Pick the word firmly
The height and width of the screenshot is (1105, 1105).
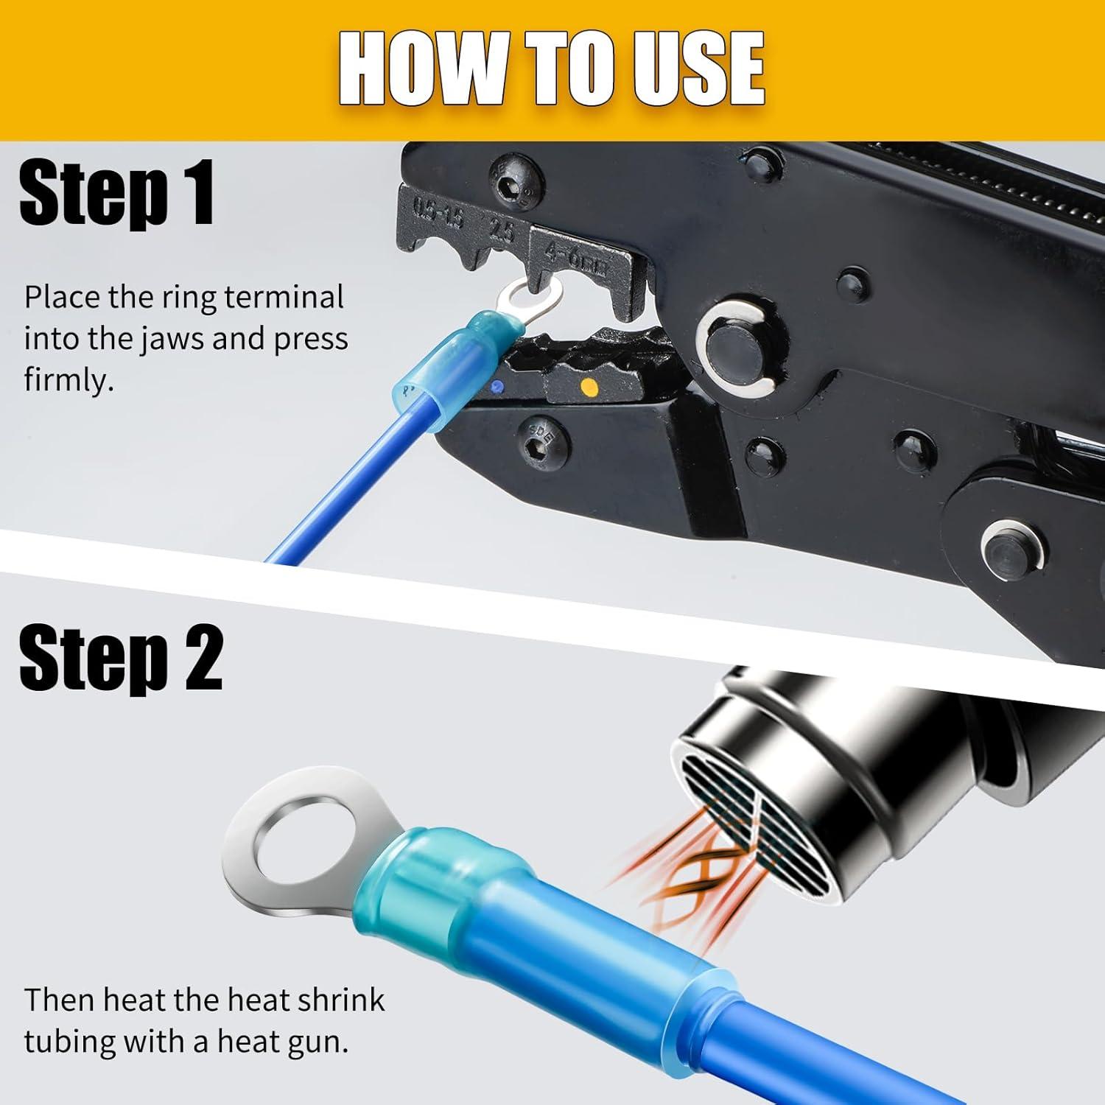click(69, 382)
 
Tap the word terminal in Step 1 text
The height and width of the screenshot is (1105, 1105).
click(284, 298)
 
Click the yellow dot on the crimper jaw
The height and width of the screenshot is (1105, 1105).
click(588, 386)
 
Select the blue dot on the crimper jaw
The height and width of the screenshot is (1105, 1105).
click(500, 386)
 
